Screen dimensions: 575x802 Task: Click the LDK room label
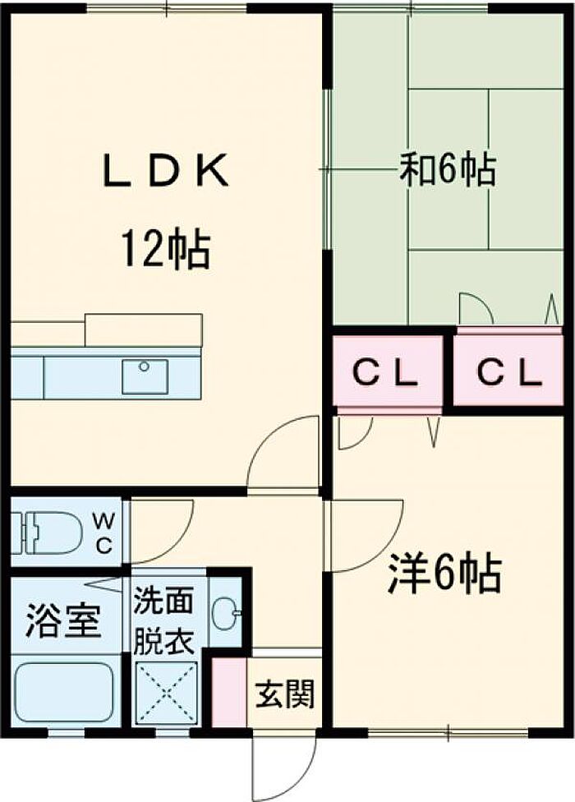point(166,170)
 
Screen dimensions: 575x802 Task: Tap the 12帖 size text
point(164,251)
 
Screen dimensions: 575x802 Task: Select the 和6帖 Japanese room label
point(447,170)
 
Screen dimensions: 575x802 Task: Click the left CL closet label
point(386,373)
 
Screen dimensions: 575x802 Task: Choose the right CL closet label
point(509,373)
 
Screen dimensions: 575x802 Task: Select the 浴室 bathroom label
point(63,620)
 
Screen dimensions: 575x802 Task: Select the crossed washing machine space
point(166,692)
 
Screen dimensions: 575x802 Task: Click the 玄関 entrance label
point(284,694)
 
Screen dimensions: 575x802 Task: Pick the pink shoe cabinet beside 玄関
point(229,692)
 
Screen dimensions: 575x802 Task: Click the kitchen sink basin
point(145,376)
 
